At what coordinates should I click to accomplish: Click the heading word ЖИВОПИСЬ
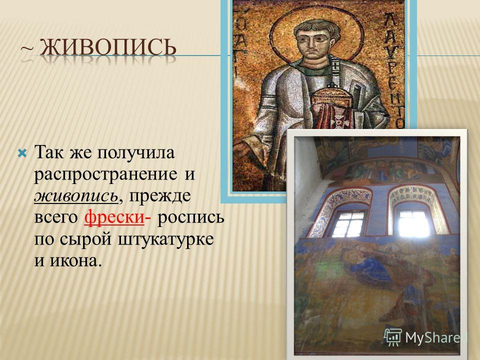(108, 48)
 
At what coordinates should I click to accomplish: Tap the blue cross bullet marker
(22, 152)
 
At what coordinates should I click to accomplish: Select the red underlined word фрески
(114, 217)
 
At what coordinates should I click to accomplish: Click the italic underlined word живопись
(76, 196)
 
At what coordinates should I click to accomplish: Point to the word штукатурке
(166, 239)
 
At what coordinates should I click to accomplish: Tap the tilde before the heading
(26, 49)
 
